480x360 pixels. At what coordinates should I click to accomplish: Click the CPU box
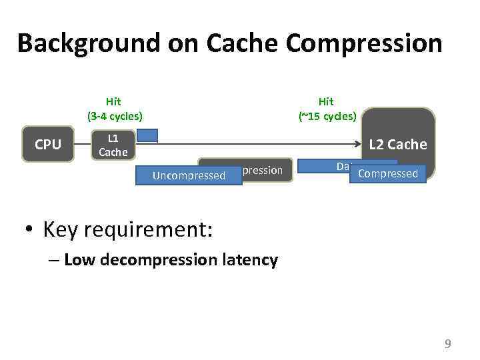pyautogui.click(x=47, y=144)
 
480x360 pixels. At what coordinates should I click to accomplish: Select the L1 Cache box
pyautogui.click(x=113, y=144)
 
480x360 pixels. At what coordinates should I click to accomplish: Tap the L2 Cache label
pyautogui.click(x=398, y=144)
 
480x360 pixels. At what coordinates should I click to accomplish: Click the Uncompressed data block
pyautogui.click(x=189, y=175)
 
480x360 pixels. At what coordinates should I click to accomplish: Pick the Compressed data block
pyautogui.click(x=388, y=173)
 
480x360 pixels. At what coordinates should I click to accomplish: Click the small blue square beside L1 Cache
pyautogui.click(x=147, y=136)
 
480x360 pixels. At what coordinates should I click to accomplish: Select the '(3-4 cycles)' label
pyautogui.click(x=115, y=116)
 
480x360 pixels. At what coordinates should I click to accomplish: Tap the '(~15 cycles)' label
pyautogui.click(x=327, y=116)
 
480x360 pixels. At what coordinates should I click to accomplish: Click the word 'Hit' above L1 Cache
pyautogui.click(x=113, y=101)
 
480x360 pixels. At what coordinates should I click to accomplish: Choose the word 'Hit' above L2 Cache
pyautogui.click(x=326, y=101)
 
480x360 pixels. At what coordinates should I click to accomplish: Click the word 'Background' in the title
pyautogui.click(x=87, y=44)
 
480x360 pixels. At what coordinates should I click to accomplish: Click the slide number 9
pyautogui.click(x=448, y=344)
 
